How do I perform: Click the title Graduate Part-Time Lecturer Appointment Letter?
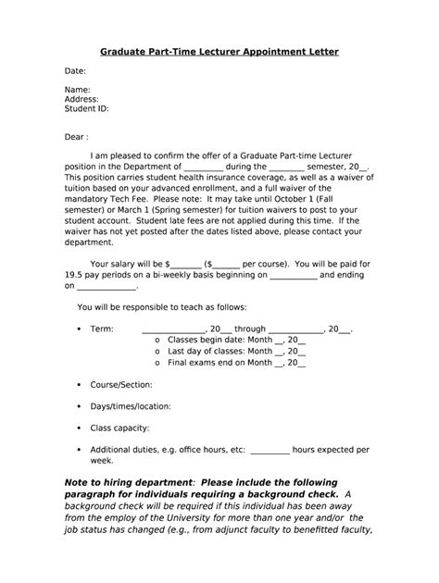[x=219, y=53]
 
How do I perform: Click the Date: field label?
[x=75, y=71]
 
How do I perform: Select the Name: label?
[x=78, y=90]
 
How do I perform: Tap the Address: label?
[x=82, y=99]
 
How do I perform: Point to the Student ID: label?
[x=87, y=108]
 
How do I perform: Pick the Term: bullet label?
[x=101, y=329]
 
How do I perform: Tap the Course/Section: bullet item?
[x=121, y=383]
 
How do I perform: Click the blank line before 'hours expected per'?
[x=270, y=450]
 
